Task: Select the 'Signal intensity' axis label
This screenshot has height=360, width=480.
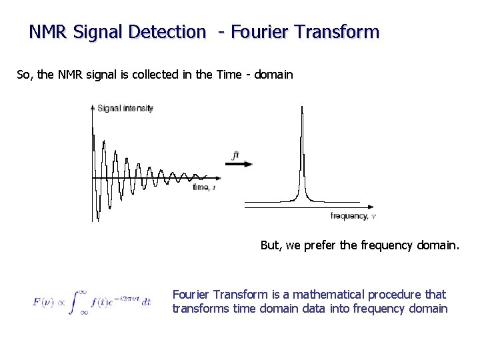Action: [x=125, y=108]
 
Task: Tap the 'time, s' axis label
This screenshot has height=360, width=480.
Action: [x=203, y=187]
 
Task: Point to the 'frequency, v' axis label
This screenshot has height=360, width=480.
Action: [x=353, y=215]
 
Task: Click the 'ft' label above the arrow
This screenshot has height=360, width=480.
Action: [x=235, y=155]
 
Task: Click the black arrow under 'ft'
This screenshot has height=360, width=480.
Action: [x=239, y=164]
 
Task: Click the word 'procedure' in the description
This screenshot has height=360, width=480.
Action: [x=396, y=294]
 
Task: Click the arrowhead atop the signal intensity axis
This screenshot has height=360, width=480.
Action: [x=92, y=107]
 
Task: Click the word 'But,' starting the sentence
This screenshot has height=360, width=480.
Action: [x=271, y=245]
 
